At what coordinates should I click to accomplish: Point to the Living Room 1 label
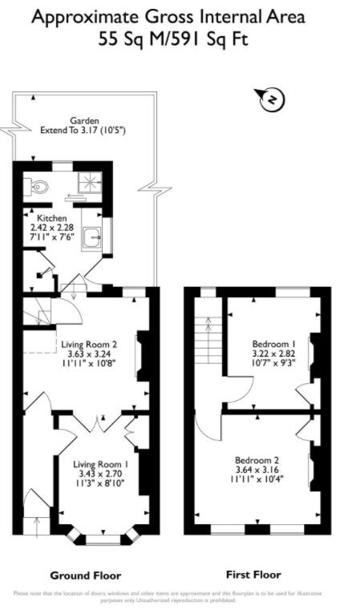100,464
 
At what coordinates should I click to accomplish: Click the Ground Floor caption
85,576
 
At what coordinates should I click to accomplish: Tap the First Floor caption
253,575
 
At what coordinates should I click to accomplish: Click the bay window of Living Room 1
101,536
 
